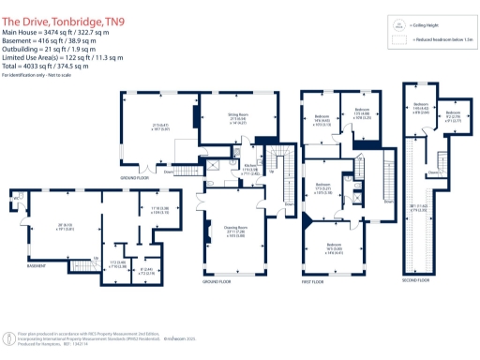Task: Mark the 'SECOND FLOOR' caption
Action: (416, 279)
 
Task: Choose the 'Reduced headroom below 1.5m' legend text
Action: (440, 41)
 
